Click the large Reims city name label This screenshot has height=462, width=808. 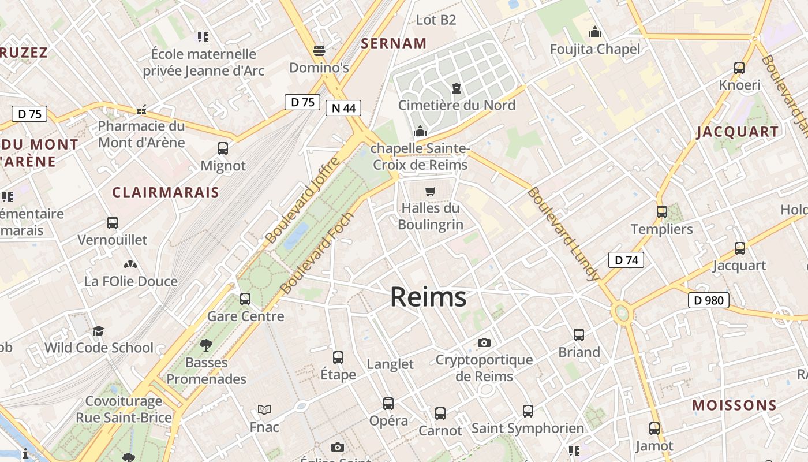tap(428, 297)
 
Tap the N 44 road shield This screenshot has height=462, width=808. tap(343, 108)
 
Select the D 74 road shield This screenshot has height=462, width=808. tap(626, 260)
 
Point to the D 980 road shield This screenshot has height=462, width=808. tap(709, 300)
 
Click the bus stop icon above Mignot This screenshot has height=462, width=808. tap(223, 148)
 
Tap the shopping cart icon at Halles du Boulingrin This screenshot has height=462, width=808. tap(430, 191)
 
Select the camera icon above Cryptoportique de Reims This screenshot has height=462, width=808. tap(484, 342)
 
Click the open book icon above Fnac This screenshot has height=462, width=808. tap(264, 409)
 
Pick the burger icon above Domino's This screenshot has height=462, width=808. tap(319, 50)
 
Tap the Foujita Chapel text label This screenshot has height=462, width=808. tap(595, 49)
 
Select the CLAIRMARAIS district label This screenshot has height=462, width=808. tap(166, 192)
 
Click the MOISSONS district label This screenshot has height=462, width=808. tap(734, 405)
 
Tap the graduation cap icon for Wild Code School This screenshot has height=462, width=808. tap(99, 331)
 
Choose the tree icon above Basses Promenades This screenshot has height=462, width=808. tap(206, 345)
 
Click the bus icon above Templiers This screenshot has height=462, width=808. tap(662, 212)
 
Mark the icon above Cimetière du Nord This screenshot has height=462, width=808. tap(457, 88)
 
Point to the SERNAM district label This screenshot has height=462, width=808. tap(394, 43)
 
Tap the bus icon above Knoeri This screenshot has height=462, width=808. tap(739, 68)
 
